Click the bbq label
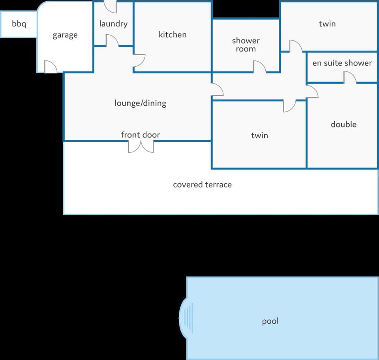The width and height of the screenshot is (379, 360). (x=19, y=24)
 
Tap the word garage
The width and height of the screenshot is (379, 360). (x=65, y=35)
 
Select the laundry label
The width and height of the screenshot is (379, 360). (x=113, y=24)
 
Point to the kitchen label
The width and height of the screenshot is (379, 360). (x=173, y=35)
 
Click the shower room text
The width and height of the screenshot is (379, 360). (x=246, y=45)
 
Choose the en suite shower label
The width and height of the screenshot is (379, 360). (x=342, y=63)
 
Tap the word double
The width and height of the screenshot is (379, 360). (x=343, y=124)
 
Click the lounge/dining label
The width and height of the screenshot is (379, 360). (x=141, y=103)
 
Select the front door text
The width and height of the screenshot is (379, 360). (x=141, y=135)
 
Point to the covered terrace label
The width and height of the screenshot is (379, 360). (x=202, y=185)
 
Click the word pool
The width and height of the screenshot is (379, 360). (x=270, y=321)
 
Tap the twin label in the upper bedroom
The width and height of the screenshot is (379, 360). (x=327, y=24)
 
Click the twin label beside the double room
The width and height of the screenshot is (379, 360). (x=260, y=135)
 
